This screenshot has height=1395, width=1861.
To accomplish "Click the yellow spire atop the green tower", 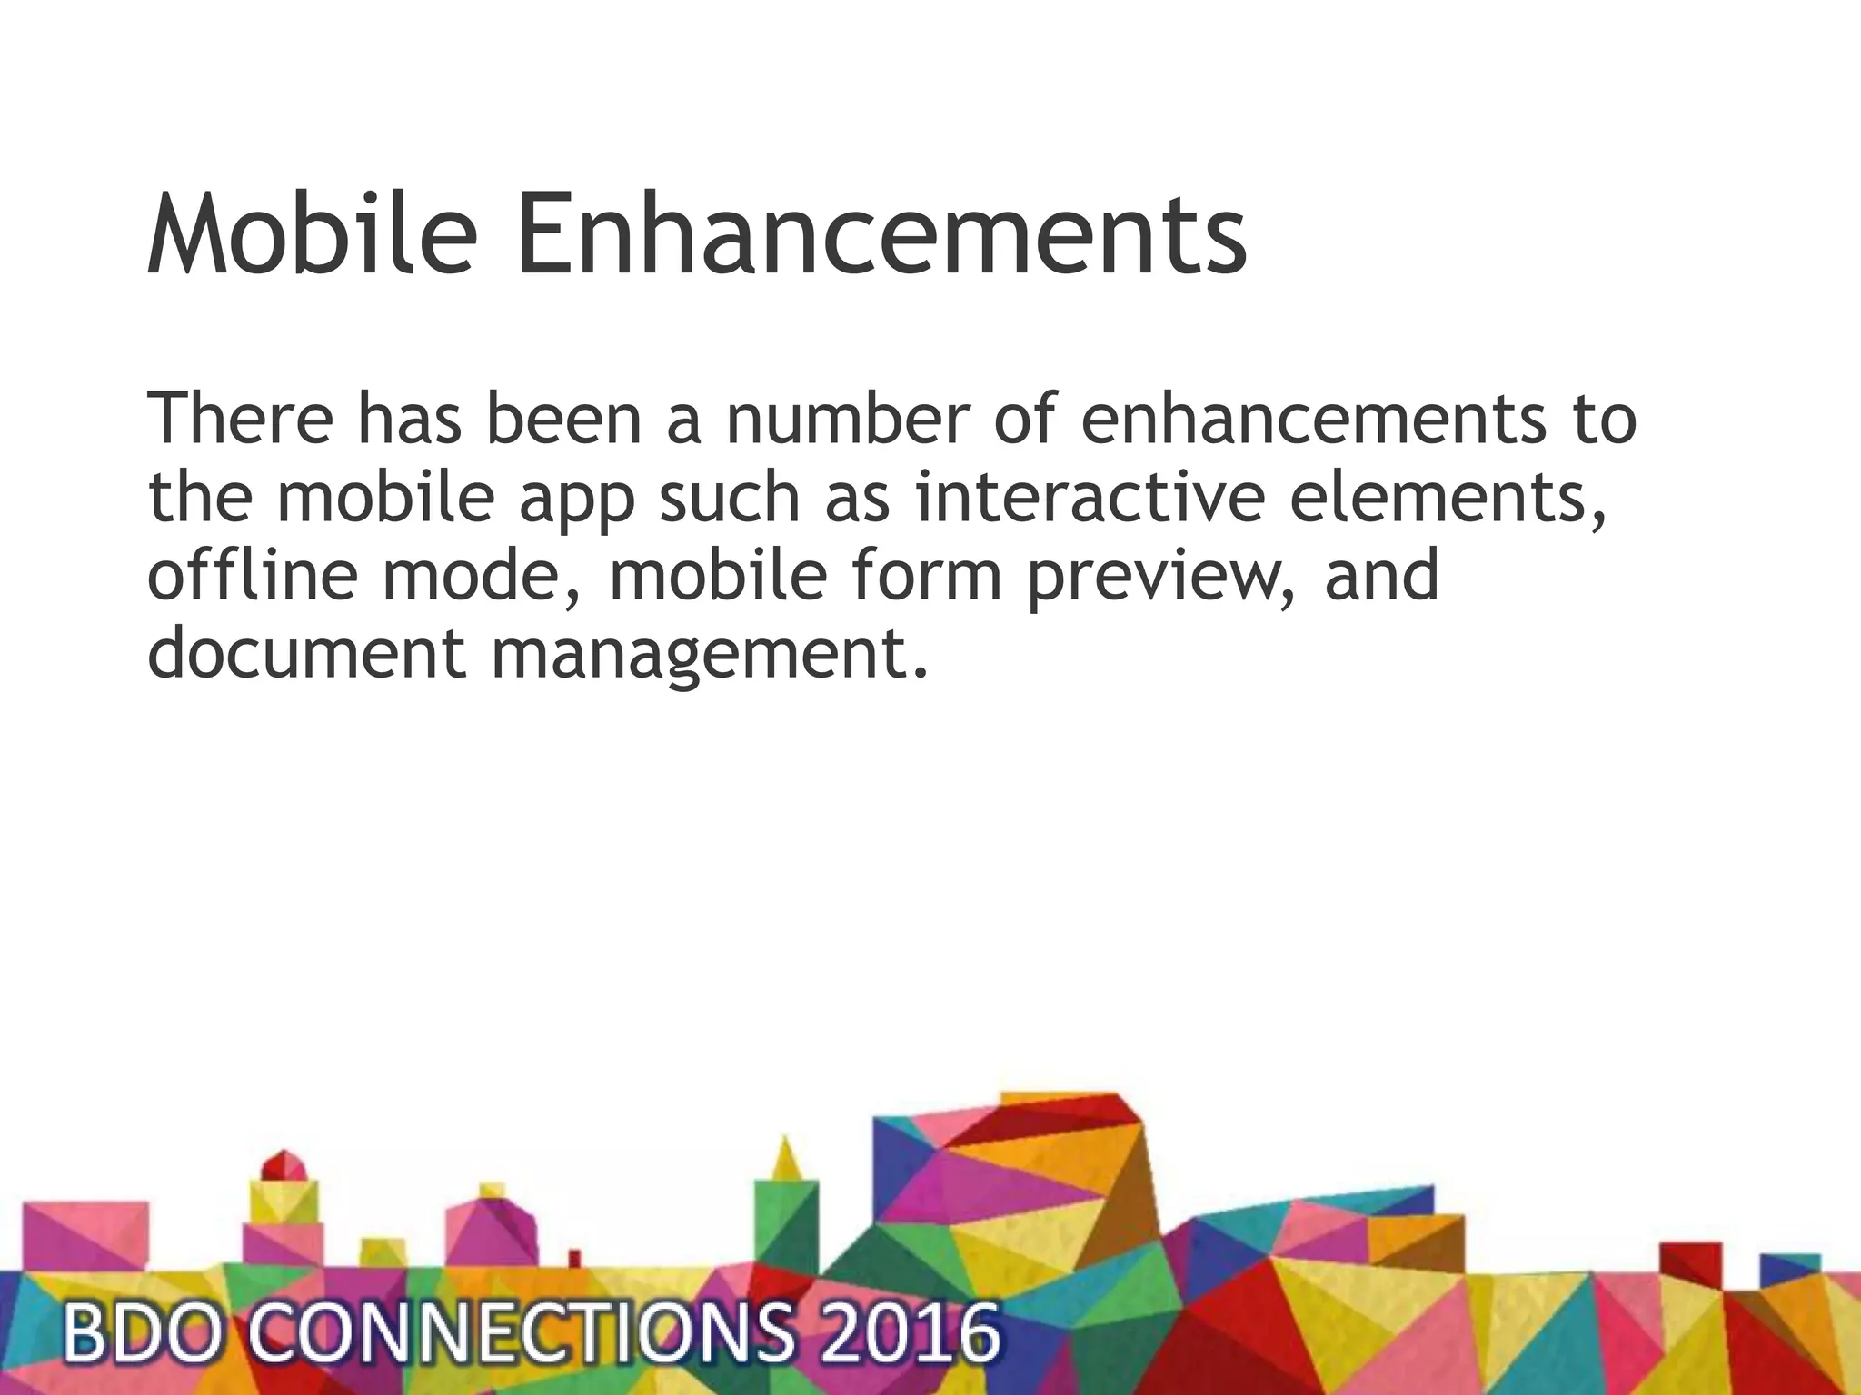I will (786, 1158).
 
